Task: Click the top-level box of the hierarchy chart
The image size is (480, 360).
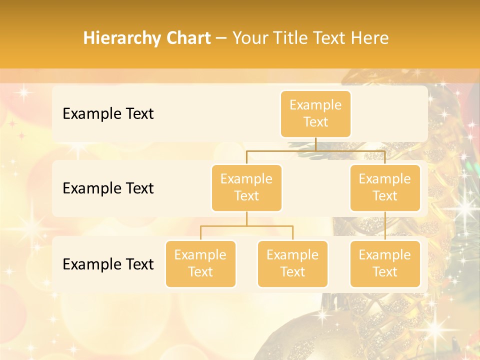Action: [x=315, y=113]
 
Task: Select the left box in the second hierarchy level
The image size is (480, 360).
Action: [x=246, y=187]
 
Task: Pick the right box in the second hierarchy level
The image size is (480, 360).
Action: [x=385, y=187]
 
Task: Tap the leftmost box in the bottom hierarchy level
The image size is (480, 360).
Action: [x=200, y=263]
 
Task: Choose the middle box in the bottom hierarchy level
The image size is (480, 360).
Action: [x=292, y=263]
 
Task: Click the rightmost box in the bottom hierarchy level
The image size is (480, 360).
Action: [x=385, y=263]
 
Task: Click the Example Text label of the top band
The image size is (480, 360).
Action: [x=108, y=113]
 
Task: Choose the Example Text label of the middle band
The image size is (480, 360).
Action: [x=108, y=188]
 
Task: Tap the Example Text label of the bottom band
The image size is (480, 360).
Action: [x=108, y=264]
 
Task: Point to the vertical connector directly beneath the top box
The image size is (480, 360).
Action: [x=315, y=144]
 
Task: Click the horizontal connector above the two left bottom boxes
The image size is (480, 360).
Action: [x=246, y=226]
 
